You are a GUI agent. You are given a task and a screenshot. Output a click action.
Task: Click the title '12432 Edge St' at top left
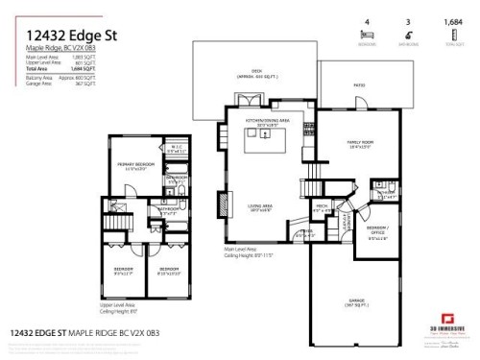click(x=65, y=36)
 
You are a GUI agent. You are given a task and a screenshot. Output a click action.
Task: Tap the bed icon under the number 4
click(x=366, y=33)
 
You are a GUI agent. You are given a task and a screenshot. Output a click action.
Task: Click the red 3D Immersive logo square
click(x=446, y=318)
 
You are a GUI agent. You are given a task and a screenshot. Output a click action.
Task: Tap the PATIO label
click(x=360, y=84)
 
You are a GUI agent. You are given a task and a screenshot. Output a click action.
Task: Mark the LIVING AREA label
click(x=259, y=206)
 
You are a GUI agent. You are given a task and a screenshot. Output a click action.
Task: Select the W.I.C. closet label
click(x=175, y=149)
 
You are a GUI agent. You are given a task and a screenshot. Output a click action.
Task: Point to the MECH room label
click(x=322, y=205)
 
